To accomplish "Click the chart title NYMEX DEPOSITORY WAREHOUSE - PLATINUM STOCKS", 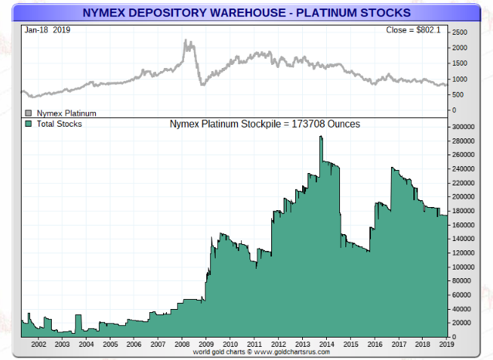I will point(246,11).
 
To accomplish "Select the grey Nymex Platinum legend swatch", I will point(29,113).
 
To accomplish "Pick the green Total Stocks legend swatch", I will point(29,124).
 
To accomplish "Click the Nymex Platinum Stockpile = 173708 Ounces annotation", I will point(264,124).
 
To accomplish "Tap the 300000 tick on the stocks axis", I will point(463,126).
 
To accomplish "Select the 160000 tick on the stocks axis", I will point(463,225).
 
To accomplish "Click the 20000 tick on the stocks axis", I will point(461,323).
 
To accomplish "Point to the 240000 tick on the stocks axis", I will point(463,168).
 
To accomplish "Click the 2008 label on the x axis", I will point(182,344).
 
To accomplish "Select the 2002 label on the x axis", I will point(39,344).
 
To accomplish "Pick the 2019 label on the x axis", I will point(446,344).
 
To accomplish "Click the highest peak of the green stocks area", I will point(321,138).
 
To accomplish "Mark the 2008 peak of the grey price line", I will point(187,41).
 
